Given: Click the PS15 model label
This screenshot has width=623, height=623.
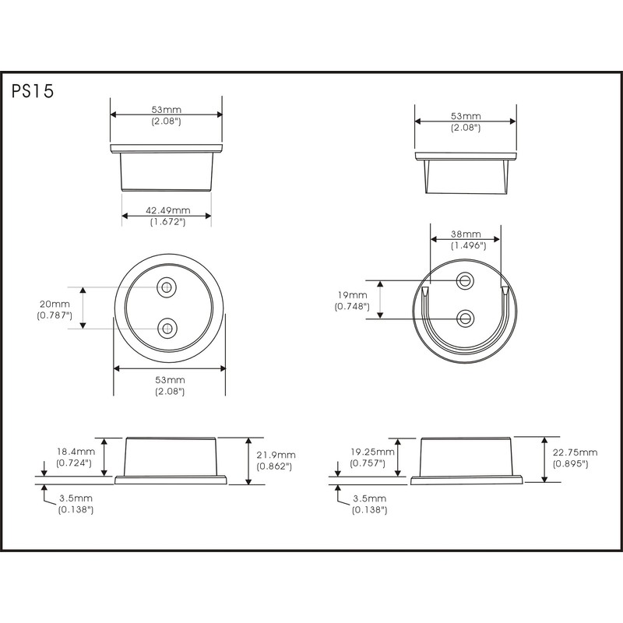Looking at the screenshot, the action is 33,91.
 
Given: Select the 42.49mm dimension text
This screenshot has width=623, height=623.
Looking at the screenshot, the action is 167,210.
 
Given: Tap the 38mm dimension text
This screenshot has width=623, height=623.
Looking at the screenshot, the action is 466,234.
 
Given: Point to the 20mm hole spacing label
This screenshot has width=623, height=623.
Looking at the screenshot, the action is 55,304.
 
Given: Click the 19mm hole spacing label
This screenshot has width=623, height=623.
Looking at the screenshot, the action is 353,295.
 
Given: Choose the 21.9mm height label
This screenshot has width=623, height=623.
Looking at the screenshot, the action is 276,455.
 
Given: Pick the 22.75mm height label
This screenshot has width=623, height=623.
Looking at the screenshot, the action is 575,452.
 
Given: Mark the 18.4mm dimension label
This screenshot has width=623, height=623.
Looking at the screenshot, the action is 76,452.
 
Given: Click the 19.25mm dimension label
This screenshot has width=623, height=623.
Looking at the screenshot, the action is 372,452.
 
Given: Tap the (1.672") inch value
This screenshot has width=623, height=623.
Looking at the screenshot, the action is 167,222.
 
